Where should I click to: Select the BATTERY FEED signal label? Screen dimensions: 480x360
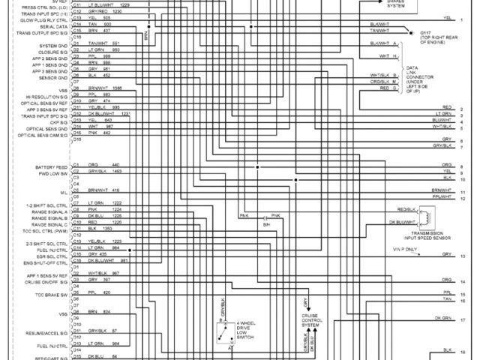pyautogui.click(x=52, y=166)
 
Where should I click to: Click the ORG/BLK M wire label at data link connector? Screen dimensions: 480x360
pyautogui.click(x=385, y=81)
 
